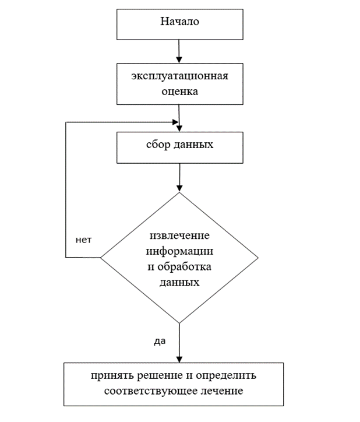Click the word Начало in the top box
click(x=179, y=22)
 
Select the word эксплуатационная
click(x=179, y=77)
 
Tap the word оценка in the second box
click(x=180, y=91)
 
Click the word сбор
click(x=158, y=144)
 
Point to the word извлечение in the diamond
click(x=179, y=237)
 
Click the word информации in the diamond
click(x=179, y=252)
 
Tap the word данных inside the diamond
click(x=179, y=281)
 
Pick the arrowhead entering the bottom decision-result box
click(x=179, y=358)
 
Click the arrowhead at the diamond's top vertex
click(x=179, y=188)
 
